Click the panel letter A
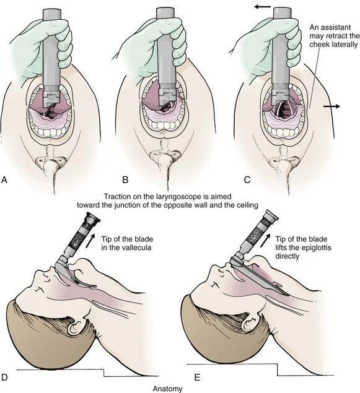click(5, 181)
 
